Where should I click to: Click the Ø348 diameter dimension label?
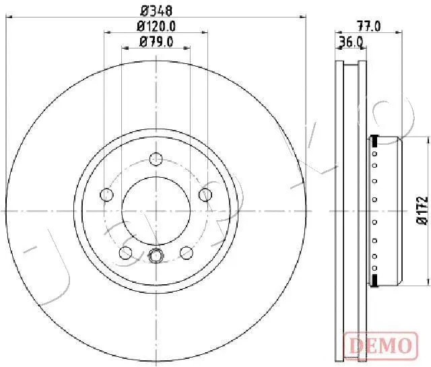(x=156, y=11)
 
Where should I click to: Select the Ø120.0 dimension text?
(x=156, y=27)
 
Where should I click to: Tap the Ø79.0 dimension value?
(x=156, y=42)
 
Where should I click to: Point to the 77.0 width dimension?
(x=368, y=26)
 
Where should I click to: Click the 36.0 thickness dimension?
(x=352, y=42)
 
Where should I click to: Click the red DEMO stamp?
(x=381, y=345)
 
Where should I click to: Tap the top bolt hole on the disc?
(x=156, y=159)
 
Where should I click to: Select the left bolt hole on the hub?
(x=106, y=195)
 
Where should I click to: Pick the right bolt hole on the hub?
(x=205, y=195)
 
